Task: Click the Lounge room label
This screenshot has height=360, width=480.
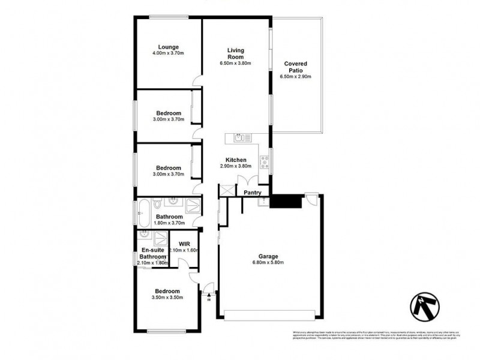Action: point(168,47)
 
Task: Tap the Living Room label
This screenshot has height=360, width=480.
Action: point(235,53)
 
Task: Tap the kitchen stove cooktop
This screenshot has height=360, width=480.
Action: point(263,161)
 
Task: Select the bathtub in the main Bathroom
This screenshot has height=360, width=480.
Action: point(143,211)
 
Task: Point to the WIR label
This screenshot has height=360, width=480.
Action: point(184,244)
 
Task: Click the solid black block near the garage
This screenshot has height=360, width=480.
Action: point(285,201)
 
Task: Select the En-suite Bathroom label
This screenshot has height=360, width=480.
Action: point(154,253)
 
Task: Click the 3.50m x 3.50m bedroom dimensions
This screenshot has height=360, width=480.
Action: point(168,297)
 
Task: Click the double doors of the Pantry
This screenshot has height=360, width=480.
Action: point(248,181)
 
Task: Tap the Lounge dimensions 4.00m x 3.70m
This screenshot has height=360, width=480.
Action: point(168,53)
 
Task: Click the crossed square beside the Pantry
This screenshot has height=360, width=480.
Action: point(226,191)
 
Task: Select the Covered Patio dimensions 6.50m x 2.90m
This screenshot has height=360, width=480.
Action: point(295,76)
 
